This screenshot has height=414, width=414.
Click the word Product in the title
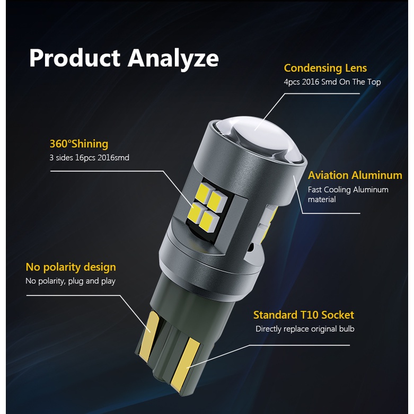75,57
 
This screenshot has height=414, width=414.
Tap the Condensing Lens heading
325,68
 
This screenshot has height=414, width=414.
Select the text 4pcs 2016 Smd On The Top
332,82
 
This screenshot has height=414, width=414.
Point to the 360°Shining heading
79,144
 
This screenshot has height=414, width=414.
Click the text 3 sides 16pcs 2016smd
89,157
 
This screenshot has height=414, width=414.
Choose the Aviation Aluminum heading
355,175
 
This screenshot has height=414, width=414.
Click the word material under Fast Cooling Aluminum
322,199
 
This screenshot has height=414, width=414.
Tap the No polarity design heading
71,267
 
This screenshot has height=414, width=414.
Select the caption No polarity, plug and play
71,281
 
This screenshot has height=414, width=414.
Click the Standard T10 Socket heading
304,315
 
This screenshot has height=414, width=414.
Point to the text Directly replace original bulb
305,329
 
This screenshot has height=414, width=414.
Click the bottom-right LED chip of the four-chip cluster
208,222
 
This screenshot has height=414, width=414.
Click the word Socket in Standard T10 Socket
338,315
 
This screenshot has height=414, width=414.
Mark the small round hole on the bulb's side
251,247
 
